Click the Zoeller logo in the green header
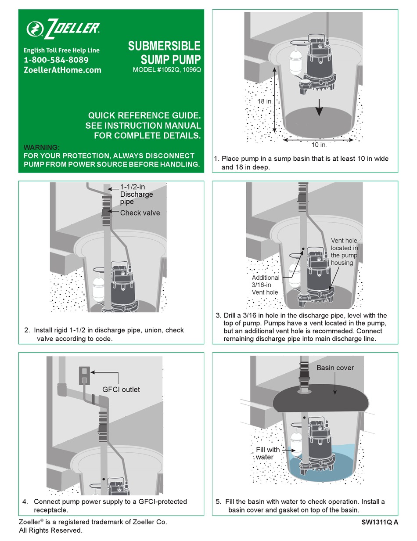[x=63, y=29]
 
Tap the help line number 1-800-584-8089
[x=56, y=60]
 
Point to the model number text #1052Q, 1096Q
[x=166, y=70]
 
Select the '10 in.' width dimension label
[x=318, y=144]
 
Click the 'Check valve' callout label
[x=140, y=213]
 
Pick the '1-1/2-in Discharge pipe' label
[x=137, y=194]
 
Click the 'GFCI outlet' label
[x=121, y=389]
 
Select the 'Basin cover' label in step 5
[x=335, y=367]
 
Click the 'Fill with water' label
[x=267, y=453]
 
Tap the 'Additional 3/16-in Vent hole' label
[x=266, y=285]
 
